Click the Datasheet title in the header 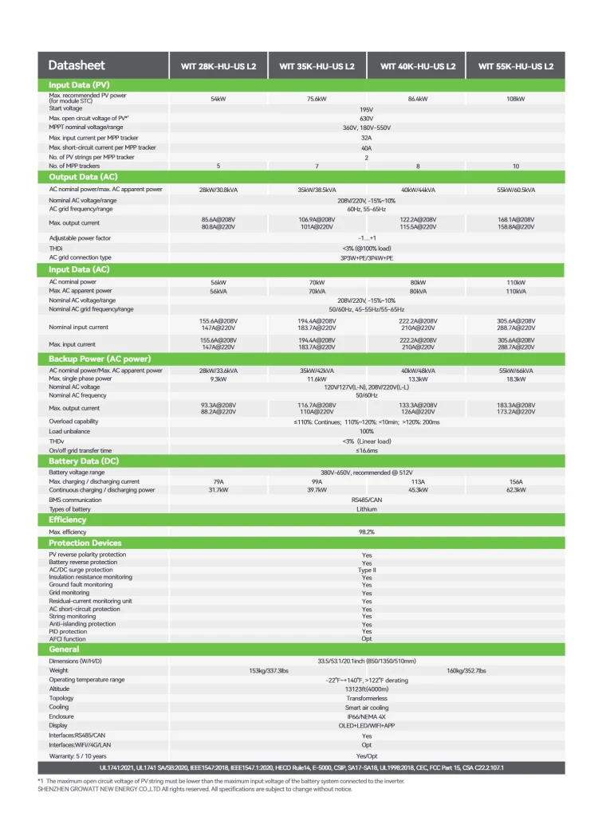click(x=77, y=66)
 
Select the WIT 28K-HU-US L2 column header click(x=217, y=67)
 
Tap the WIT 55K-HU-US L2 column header click(x=515, y=67)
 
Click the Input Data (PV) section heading click(x=79, y=84)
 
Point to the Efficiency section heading click(x=68, y=520)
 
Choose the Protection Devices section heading click(x=85, y=543)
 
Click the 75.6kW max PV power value click(x=317, y=99)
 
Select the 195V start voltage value click(x=367, y=109)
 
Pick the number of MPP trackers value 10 click(x=515, y=166)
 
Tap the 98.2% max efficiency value click(x=367, y=532)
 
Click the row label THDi click(x=57, y=248)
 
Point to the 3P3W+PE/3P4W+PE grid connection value click(x=367, y=257)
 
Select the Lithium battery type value click(x=367, y=508)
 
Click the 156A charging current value click(x=515, y=482)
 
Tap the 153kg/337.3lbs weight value click(x=269, y=670)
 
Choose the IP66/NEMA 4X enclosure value click(x=367, y=716)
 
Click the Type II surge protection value click(x=367, y=570)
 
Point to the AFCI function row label click(x=68, y=639)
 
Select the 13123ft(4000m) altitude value click(x=367, y=688)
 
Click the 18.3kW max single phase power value click(x=515, y=379)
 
